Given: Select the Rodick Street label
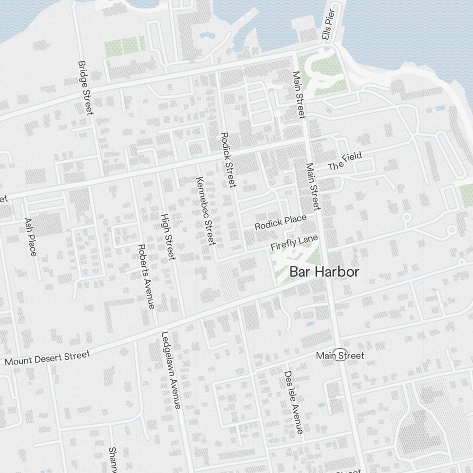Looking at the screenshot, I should [x=228, y=160].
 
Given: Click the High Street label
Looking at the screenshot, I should [x=168, y=236].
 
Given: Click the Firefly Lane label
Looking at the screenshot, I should [x=294, y=243].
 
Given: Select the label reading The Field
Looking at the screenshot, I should [x=345, y=161].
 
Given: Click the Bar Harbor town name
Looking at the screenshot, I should [x=324, y=272].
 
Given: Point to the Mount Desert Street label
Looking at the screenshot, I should [x=47, y=358].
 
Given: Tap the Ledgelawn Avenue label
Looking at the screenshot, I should [x=171, y=369].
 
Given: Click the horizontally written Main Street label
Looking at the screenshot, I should [x=340, y=355].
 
